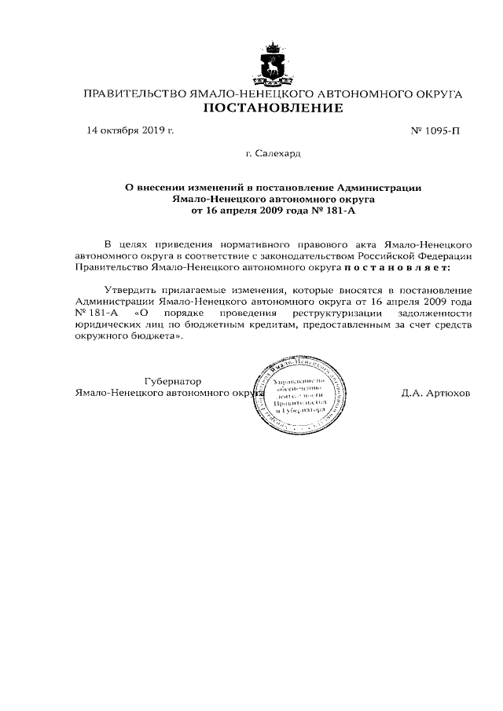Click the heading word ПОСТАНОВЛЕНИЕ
point(273,108)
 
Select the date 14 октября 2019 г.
point(130,130)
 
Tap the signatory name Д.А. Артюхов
point(435,392)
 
